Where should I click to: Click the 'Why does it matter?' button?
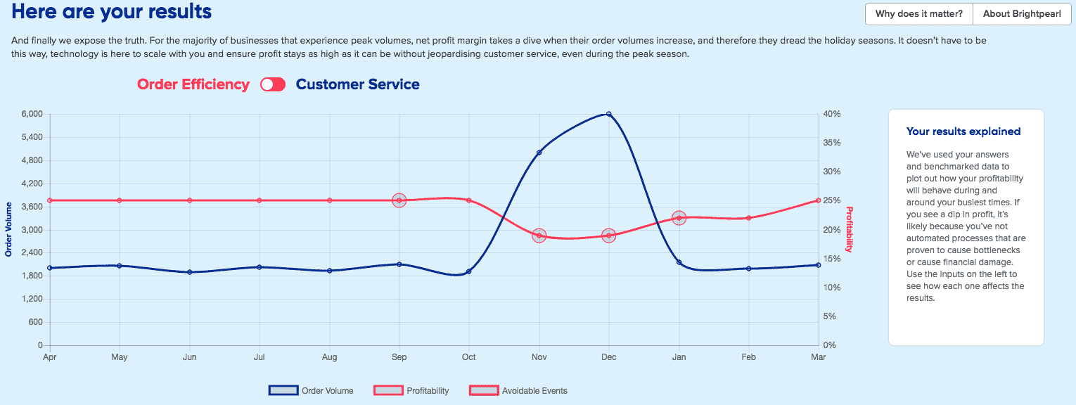(919, 14)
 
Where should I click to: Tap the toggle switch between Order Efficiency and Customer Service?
(272, 84)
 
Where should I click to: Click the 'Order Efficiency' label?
(193, 84)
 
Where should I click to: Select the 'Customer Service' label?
(357, 84)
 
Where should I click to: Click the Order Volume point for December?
(609, 114)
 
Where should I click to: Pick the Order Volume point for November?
(539, 153)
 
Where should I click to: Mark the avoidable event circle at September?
(399, 200)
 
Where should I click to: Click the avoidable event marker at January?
(679, 218)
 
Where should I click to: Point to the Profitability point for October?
(469, 200)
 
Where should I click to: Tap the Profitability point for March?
(819, 200)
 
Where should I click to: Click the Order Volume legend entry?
(311, 391)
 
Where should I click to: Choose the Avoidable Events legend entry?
(518, 391)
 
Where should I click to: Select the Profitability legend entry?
(411, 391)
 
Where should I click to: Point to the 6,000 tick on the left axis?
(32, 114)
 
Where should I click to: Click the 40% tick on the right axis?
(832, 114)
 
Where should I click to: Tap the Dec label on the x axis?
(609, 357)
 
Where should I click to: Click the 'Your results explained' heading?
(963, 131)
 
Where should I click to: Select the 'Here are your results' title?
(112, 12)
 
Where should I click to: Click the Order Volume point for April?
(49, 268)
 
